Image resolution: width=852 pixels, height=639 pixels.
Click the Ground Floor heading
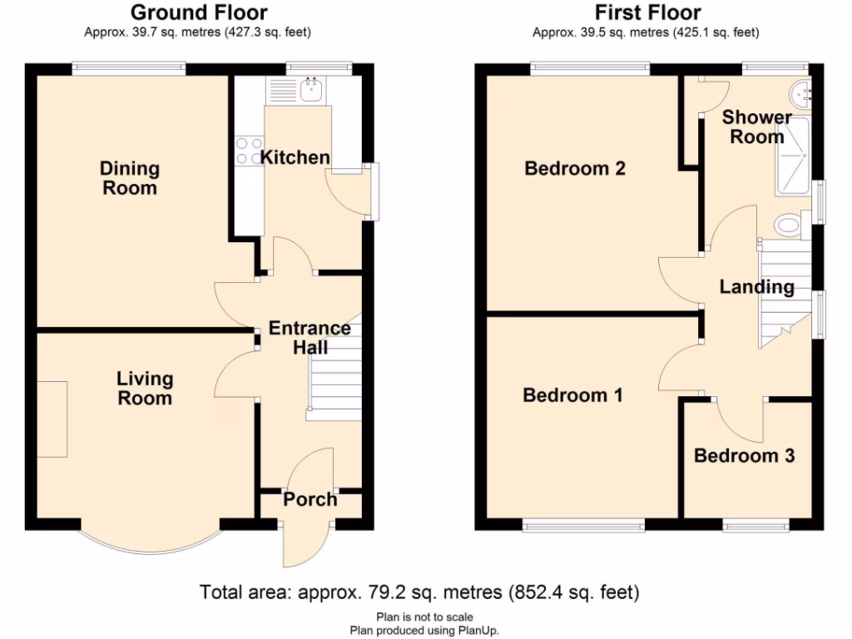point(199,12)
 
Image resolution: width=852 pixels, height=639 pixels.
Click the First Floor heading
point(647,12)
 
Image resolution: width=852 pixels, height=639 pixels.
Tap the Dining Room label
point(129,178)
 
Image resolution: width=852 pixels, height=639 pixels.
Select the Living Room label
point(145,388)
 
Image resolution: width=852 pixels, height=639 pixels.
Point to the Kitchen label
point(295,157)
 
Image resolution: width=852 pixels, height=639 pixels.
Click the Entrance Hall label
point(310,338)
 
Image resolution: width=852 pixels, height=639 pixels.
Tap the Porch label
point(310,499)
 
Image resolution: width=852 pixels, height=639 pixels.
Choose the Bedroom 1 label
point(572,394)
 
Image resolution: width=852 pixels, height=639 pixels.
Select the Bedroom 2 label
point(575,169)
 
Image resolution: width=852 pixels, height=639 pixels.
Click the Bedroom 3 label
point(744,456)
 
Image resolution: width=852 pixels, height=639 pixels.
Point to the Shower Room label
point(756,126)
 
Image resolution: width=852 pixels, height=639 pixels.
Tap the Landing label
point(756,287)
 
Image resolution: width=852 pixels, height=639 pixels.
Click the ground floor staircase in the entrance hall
point(334,379)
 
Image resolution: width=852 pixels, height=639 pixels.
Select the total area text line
point(419,592)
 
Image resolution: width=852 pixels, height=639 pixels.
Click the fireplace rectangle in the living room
point(52,419)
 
